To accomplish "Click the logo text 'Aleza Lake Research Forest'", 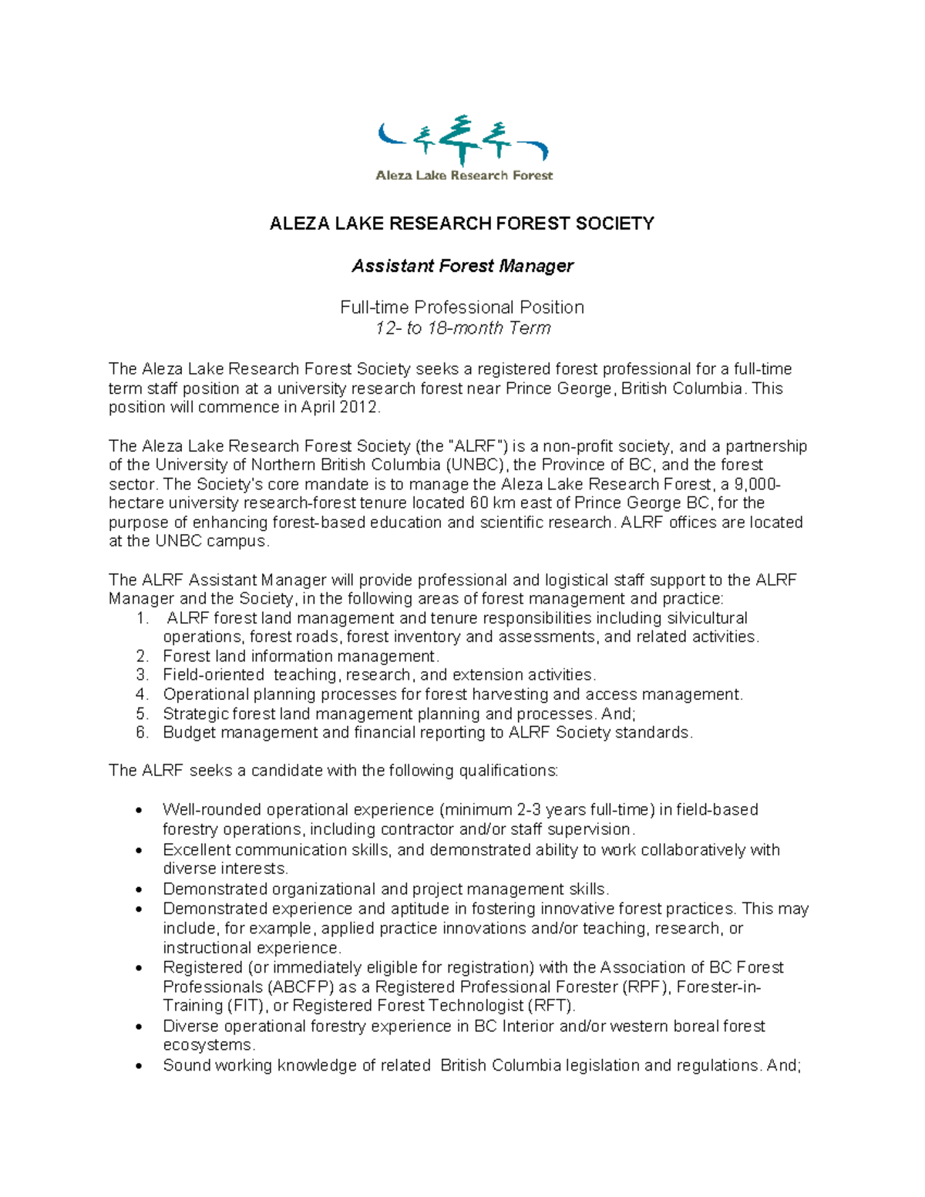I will tap(464, 176).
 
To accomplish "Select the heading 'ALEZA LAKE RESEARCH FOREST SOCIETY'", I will tap(461, 224).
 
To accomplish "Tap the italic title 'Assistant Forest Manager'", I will tap(462, 266).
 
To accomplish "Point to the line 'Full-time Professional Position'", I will tap(462, 308).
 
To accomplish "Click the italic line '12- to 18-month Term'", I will tap(462, 328).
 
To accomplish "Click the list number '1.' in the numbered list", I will tap(142, 618).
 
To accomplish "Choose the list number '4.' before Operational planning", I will tap(142, 694).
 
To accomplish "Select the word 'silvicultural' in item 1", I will tap(707, 618).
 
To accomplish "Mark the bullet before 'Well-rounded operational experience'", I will tap(139, 811).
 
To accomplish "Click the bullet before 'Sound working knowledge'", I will tap(139, 1067).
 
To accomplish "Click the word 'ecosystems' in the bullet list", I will tap(207, 1046).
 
